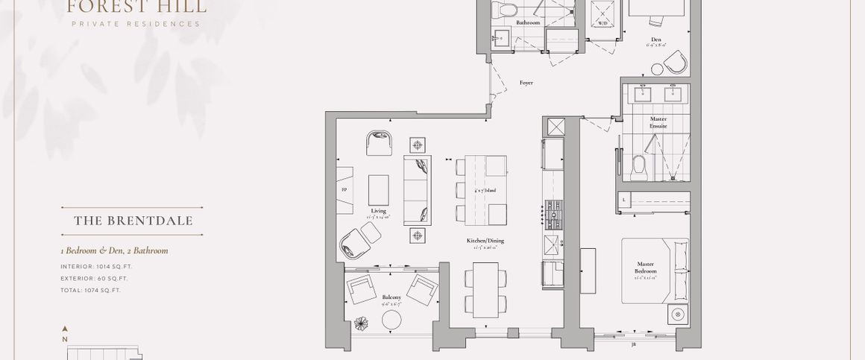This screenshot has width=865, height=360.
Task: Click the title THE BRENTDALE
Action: pyautogui.click(x=133, y=221)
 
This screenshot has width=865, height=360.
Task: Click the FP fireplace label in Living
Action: pyautogui.click(x=344, y=190)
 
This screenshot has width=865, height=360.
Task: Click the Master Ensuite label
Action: pyautogui.click(x=658, y=123)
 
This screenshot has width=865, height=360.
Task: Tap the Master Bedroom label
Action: pyautogui.click(x=646, y=267)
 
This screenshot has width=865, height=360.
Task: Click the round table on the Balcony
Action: pyautogui.click(x=391, y=320)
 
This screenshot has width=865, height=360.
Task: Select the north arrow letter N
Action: pyautogui.click(x=66, y=339)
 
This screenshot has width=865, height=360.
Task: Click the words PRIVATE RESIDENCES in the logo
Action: pyautogui.click(x=136, y=24)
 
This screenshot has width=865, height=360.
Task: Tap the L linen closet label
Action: pyautogui.click(x=623, y=200)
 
